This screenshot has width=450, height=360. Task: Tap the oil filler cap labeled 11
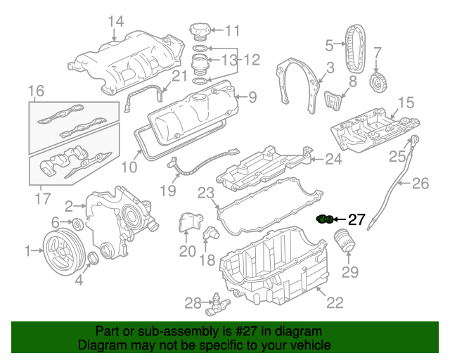[199, 31]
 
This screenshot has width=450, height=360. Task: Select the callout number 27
[357, 220]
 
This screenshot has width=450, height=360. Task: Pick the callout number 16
[36, 90]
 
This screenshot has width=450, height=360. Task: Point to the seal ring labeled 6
[79, 225]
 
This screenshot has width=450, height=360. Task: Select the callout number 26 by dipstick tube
[420, 185]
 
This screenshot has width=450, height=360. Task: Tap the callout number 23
[205, 192]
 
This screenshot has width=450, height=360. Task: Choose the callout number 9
[252, 96]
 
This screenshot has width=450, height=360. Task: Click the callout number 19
[167, 189]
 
